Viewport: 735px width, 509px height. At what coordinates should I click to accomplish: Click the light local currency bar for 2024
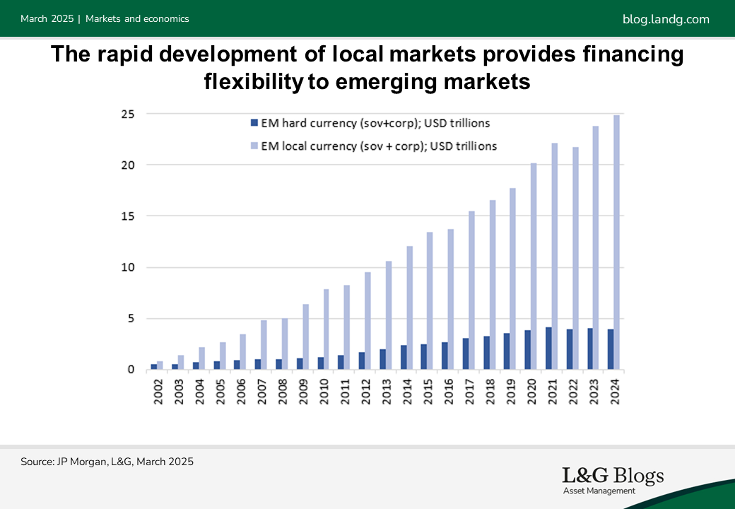click(616, 242)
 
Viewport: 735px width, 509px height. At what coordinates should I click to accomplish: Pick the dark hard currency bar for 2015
click(424, 357)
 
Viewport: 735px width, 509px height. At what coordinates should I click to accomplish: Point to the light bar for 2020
click(534, 267)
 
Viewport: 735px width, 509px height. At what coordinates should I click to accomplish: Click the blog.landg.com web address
click(666, 19)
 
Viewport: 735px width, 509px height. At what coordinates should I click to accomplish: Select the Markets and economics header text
click(137, 19)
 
